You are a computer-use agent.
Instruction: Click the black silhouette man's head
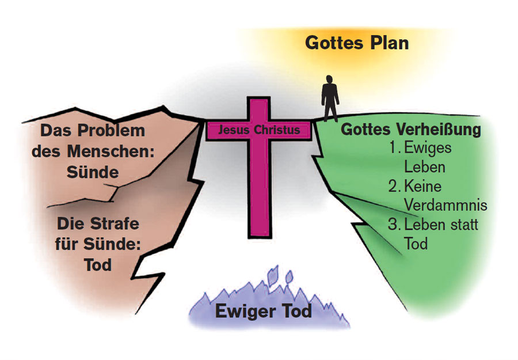(330, 79)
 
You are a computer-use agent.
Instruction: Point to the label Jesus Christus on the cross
(260, 130)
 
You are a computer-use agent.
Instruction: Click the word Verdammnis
(445, 206)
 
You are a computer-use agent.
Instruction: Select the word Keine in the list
(424, 186)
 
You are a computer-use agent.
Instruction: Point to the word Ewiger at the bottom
(242, 312)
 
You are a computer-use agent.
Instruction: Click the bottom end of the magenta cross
(260, 233)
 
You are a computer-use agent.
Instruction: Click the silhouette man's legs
(330, 110)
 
